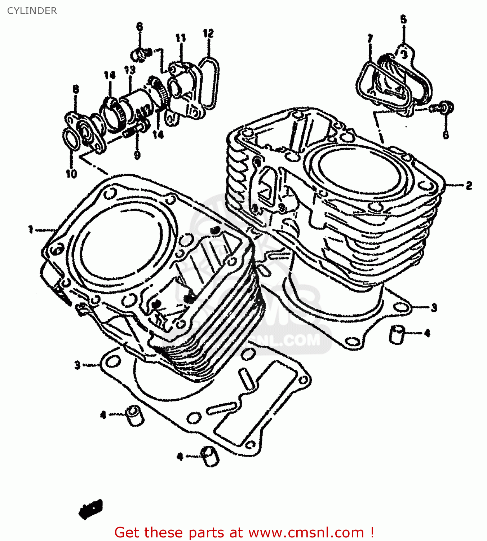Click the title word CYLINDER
[x=32, y=11]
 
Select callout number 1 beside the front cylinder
[x=31, y=229]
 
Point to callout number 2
[x=469, y=186]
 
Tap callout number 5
[x=403, y=19]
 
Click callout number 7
[x=370, y=38]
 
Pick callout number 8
[x=75, y=89]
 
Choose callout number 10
[x=71, y=174]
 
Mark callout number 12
[x=208, y=34]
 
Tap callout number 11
[x=180, y=38]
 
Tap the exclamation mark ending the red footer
[x=372, y=532]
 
